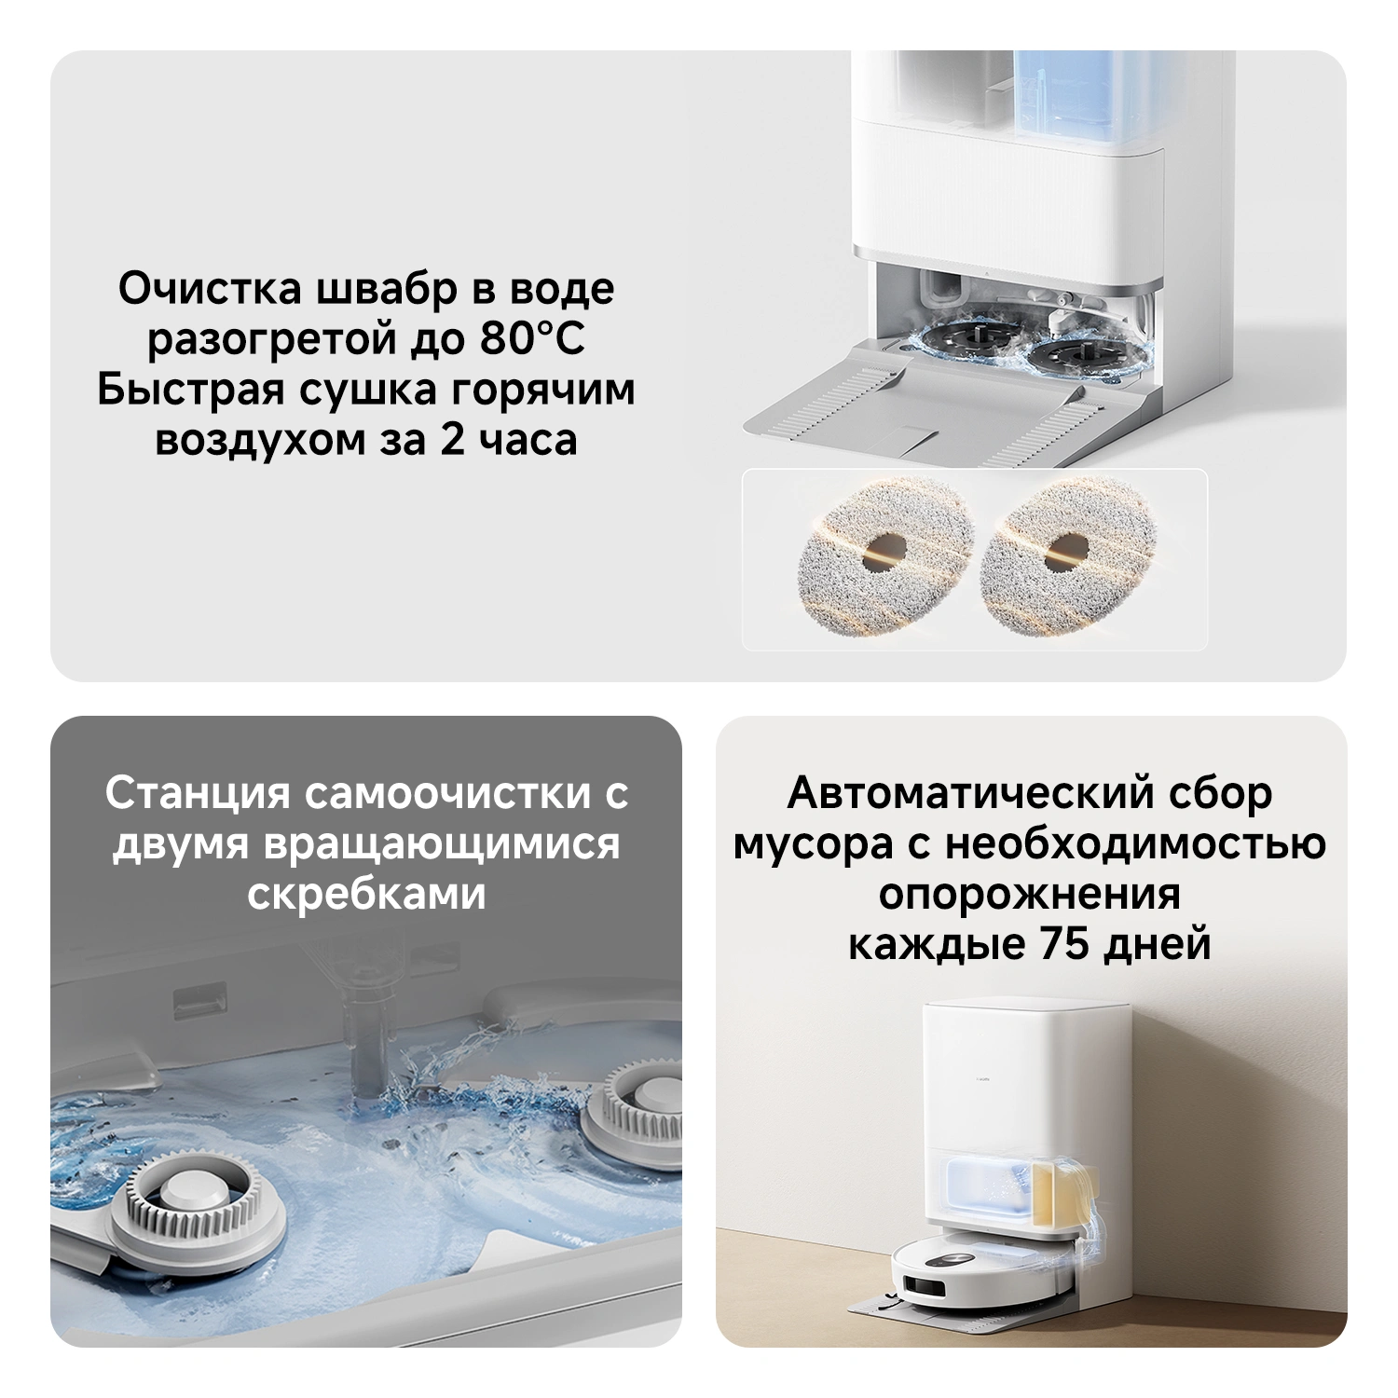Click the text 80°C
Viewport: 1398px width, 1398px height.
(533, 338)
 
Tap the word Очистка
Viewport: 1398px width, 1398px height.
(211, 288)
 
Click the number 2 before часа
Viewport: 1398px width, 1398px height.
(452, 439)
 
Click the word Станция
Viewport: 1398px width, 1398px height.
(199, 795)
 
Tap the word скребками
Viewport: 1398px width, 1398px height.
(366, 894)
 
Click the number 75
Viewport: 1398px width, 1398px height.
(1064, 944)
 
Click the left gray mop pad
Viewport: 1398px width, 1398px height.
(886, 550)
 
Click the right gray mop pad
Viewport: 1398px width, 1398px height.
(1069, 550)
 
